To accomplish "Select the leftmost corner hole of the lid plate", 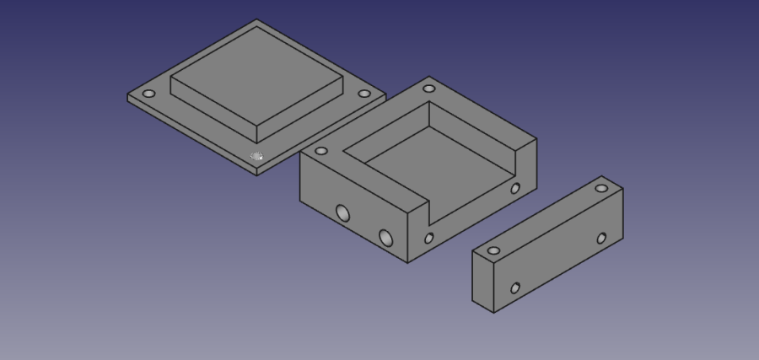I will point(149,94).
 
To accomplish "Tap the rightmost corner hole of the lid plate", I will point(363,94).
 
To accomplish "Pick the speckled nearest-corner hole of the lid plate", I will point(257,156).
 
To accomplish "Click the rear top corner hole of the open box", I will point(428,89).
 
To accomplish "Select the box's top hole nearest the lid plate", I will point(321,152).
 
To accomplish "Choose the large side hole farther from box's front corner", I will point(342,212).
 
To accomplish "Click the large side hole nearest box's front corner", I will point(386,238).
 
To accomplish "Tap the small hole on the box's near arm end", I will point(428,239).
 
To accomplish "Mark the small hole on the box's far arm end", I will point(514,188).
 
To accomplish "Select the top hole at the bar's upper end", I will point(601,188).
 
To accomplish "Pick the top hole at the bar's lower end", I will point(493,250).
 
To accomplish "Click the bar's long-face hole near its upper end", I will point(601,239).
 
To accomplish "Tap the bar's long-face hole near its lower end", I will point(515,288).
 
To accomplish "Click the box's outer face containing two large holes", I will point(354,211).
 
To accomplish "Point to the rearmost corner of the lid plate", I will point(257,22).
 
